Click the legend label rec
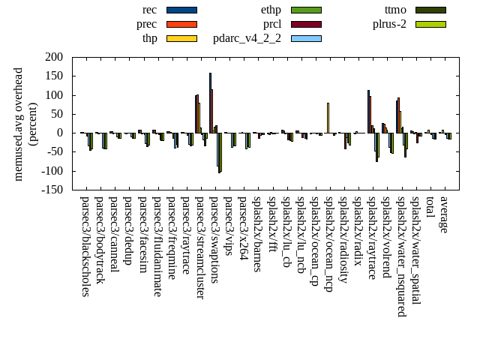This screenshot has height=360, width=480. pyautogui.click(x=149, y=10)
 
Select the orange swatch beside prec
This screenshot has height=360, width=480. pyautogui.click(x=181, y=24)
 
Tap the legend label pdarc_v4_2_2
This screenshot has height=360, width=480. pyautogui.click(x=247, y=38)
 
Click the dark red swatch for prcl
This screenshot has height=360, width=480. pyautogui.click(x=306, y=24)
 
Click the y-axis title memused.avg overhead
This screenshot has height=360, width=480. pyautogui.click(x=19, y=124)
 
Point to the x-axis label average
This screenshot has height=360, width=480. pyautogui.click(x=444, y=215)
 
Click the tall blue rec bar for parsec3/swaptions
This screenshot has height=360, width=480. pyautogui.click(x=210, y=103)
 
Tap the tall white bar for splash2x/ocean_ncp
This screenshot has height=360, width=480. pyautogui.click(x=328, y=118)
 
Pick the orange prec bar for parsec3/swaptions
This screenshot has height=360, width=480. pyautogui.click(x=212, y=111)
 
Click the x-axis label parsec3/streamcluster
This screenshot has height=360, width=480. pyautogui.click(x=200, y=247)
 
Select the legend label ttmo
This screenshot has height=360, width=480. pyautogui.click(x=395, y=10)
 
